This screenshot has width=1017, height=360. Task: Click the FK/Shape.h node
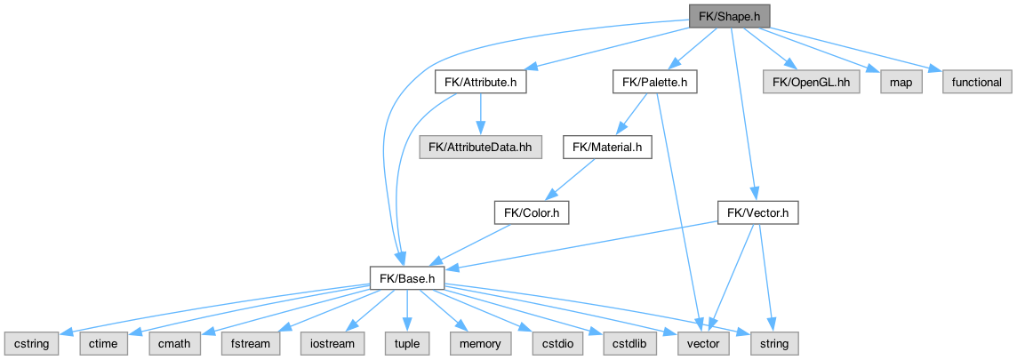pos(728,15)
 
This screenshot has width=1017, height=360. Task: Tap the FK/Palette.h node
pos(654,83)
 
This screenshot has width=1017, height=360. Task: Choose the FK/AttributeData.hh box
pos(481,146)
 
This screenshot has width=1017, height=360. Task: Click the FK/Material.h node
pos(607,146)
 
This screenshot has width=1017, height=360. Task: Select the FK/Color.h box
pos(531,213)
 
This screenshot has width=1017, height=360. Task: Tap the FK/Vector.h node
pos(757,213)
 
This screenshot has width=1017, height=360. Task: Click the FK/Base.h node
pos(406,279)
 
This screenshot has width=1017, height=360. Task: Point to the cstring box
pos(31,342)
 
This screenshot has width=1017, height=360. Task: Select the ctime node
pos(104,342)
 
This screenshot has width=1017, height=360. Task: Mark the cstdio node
pos(551,342)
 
